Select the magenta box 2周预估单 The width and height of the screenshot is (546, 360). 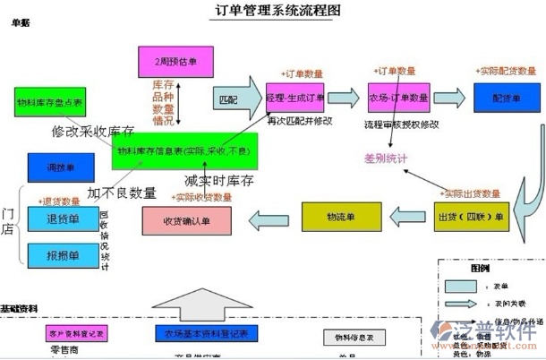tap(175, 61)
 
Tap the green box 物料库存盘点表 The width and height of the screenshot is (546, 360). tap(50, 104)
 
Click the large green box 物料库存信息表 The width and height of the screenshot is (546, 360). tap(183, 150)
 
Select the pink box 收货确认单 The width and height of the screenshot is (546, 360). tap(186, 220)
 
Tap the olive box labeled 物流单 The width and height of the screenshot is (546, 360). tap(340, 216)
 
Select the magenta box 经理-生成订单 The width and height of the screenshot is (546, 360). tap(295, 96)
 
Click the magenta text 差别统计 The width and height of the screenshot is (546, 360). tap(385, 159)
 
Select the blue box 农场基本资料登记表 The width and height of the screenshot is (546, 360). tap(206, 332)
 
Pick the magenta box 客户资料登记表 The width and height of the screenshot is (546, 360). tap(76, 332)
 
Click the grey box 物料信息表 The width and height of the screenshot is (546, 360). tap(353, 338)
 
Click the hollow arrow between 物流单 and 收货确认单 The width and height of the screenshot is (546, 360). tap(268, 217)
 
